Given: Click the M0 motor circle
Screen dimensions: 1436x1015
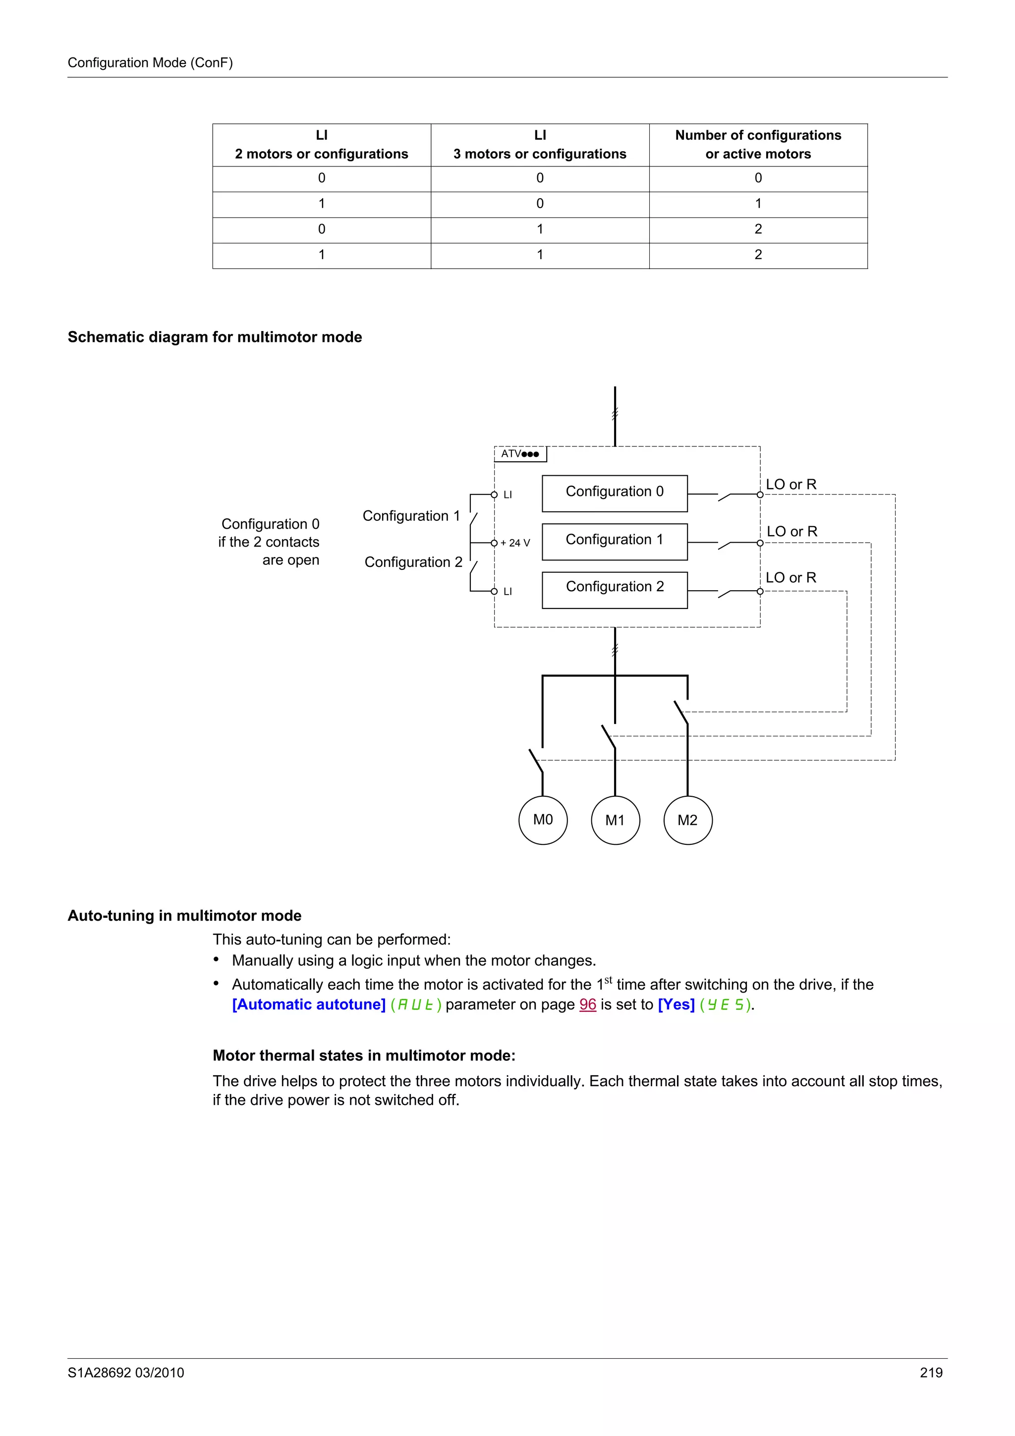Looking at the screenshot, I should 543,820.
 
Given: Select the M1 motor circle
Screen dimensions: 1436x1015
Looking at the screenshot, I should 616,820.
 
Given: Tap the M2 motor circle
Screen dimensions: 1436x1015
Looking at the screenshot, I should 687,820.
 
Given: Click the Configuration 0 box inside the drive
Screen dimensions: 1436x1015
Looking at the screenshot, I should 614,493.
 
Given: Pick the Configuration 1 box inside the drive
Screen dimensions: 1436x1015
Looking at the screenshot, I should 614,541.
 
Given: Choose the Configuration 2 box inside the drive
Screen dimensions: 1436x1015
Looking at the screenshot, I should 614,589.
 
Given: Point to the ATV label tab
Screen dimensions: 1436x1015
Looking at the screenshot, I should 520,454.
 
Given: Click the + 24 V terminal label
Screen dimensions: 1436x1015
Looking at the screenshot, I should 515,543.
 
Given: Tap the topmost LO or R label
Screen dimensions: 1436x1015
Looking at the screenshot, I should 791,484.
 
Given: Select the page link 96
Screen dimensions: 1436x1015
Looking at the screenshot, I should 587,1004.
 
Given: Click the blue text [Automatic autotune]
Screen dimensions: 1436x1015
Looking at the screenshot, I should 309,1004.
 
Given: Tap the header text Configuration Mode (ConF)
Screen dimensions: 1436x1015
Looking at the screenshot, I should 150,62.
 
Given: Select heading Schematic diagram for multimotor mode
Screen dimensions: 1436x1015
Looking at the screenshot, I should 215,337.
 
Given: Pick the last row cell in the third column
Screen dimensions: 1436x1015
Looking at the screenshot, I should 758,255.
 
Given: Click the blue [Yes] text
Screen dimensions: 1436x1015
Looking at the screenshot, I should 676,1004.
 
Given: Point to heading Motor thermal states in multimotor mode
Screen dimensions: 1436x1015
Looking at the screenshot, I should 364,1056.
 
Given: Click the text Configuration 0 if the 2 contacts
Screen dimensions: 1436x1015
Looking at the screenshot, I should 270,533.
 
